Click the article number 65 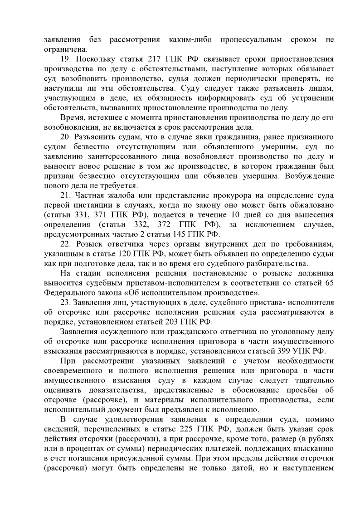[x=330, y=283]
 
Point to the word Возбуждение [x=310, y=176]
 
